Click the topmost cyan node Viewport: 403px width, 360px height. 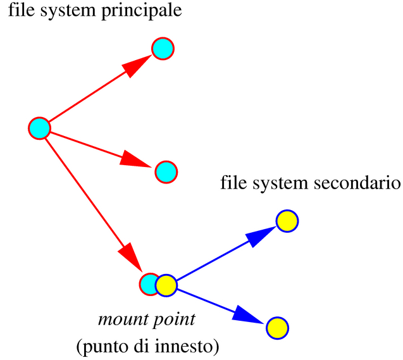pyautogui.click(x=163, y=48)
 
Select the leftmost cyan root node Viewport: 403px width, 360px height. pyautogui.click(x=39, y=128)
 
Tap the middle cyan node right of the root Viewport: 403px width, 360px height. pyautogui.click(x=166, y=171)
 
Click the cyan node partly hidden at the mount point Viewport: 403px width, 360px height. pyautogui.click(x=148, y=284)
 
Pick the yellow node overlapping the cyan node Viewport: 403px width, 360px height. pyautogui.click(x=166, y=285)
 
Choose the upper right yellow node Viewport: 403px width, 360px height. pyautogui.click(x=287, y=221)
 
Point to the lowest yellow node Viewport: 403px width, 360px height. pyautogui.click(x=277, y=327)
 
